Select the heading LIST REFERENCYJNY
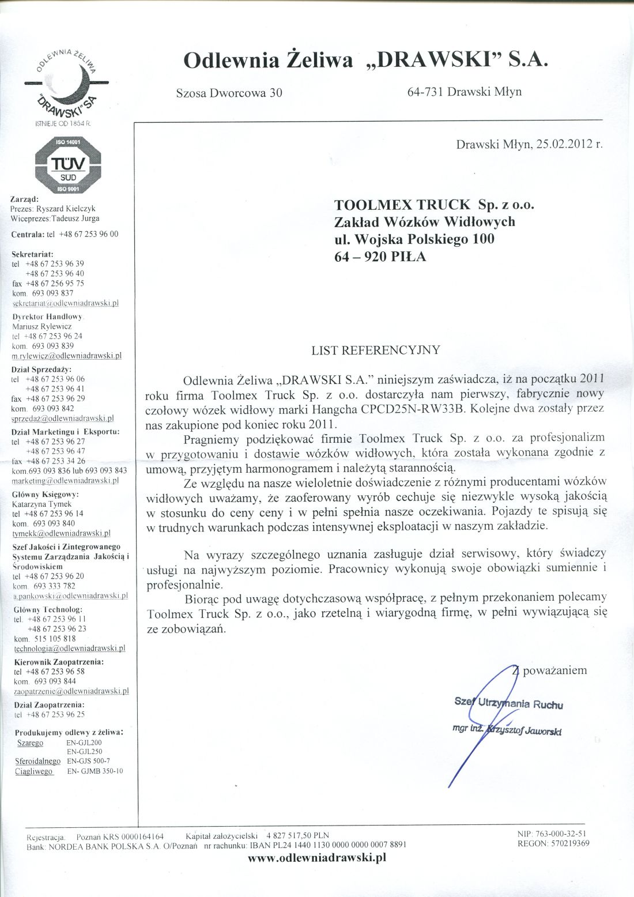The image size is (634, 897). pyautogui.click(x=375, y=350)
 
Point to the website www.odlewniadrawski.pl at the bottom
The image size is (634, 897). pyautogui.click(x=316, y=857)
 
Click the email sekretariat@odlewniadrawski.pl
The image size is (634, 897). pyautogui.click(x=65, y=303)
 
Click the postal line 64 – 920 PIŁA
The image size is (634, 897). pyautogui.click(x=380, y=257)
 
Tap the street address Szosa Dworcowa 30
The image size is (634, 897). pyautogui.click(x=229, y=92)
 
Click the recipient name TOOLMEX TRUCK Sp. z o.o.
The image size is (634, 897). pyautogui.click(x=435, y=205)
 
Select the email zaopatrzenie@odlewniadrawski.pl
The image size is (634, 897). pyautogui.click(x=71, y=691)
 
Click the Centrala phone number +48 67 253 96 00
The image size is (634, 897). pyautogui.click(x=88, y=234)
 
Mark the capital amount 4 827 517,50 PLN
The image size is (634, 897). pyautogui.click(x=297, y=835)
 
